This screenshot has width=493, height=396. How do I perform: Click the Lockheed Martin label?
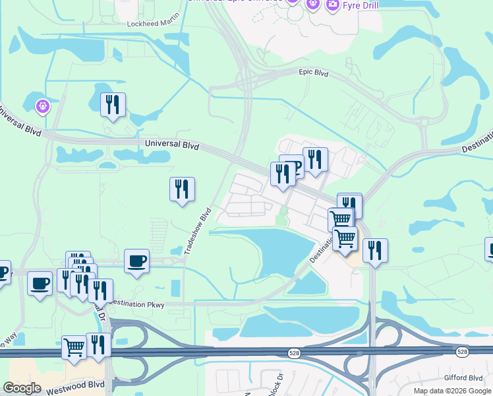[154, 23]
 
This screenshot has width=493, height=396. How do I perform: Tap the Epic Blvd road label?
[312, 72]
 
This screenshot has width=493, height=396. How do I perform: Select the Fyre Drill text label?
[362, 5]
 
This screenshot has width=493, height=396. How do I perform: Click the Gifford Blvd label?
[465, 378]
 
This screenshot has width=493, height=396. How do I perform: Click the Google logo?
[21, 388]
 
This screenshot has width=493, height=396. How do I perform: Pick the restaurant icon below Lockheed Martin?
[113, 104]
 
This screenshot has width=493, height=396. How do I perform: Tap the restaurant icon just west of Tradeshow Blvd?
[181, 189]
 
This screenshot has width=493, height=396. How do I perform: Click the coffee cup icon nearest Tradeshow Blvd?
[136, 261]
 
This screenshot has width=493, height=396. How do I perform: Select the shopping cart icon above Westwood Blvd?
[74, 346]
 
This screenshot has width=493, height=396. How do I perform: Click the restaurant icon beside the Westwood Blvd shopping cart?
[98, 345]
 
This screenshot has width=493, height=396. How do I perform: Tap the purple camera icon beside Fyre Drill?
[333, 4]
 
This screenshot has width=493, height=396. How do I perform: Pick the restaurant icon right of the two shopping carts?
[374, 250]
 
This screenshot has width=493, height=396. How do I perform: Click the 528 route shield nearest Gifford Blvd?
[462, 353]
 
